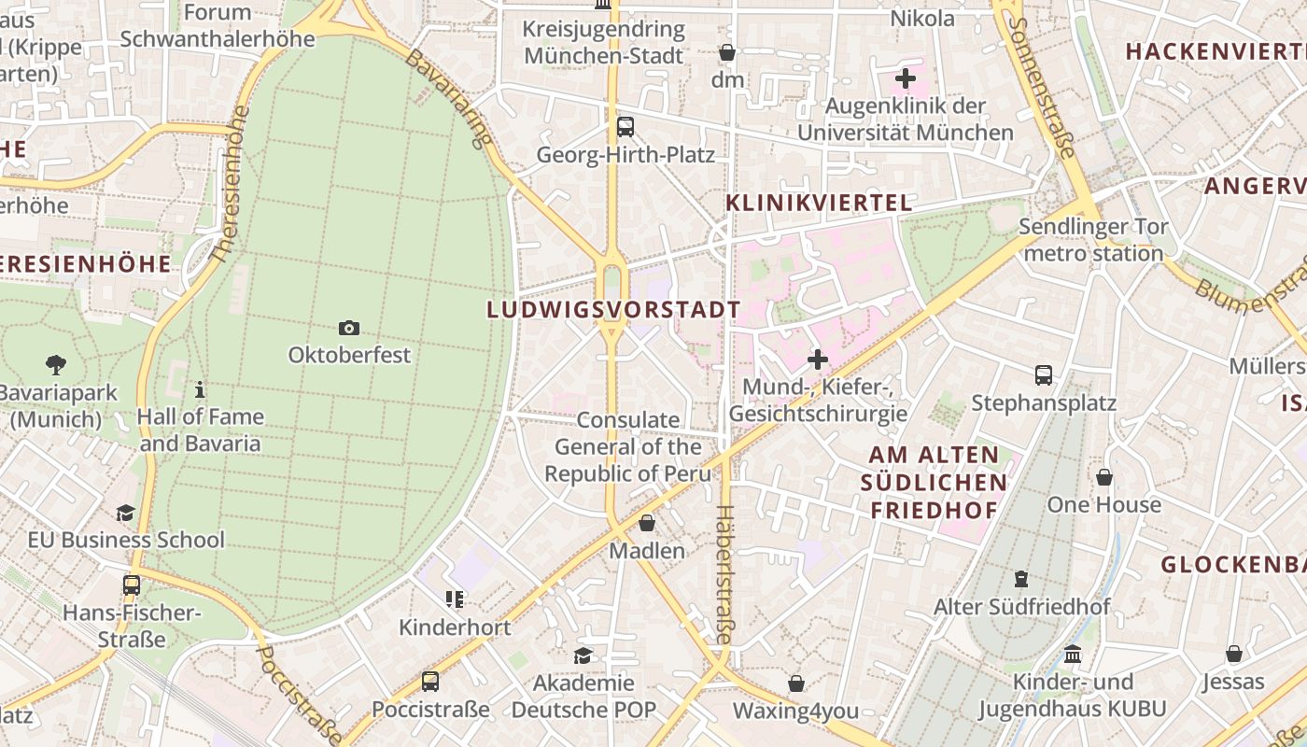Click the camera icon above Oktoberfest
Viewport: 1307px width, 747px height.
(349, 328)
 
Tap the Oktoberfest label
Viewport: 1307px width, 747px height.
(349, 355)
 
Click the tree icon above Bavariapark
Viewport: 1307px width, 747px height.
(56, 365)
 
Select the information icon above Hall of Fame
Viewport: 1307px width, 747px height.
(199, 389)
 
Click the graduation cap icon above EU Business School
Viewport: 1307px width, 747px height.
(125, 513)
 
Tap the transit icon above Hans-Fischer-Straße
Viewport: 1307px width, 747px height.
(132, 585)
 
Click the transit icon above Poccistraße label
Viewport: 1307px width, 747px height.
(430, 682)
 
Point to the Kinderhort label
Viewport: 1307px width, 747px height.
(455, 627)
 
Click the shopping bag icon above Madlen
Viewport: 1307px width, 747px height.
(647, 523)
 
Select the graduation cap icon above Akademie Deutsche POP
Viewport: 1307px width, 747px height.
(583, 655)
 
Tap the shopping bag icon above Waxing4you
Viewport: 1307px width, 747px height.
(796, 684)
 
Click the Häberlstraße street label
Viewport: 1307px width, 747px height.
(724, 574)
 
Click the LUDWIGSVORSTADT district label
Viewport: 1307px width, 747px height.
(613, 310)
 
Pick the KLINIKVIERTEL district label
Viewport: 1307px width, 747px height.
(818, 203)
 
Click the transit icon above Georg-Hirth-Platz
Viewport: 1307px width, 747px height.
(625, 127)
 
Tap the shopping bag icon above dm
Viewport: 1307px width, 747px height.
(727, 52)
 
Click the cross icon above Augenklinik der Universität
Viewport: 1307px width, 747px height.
(905, 78)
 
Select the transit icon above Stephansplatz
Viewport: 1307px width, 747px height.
(1044, 375)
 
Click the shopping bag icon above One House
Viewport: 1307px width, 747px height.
(1104, 477)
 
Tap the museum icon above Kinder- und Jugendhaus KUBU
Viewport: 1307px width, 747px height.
(1073, 654)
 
